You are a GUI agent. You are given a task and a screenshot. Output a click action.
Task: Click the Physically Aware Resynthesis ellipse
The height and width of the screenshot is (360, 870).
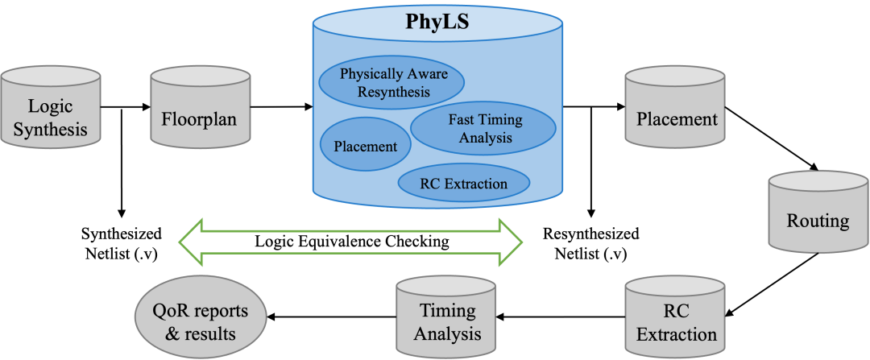pos(391,81)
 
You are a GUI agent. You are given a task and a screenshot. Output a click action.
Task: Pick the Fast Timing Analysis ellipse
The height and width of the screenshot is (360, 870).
pos(483,128)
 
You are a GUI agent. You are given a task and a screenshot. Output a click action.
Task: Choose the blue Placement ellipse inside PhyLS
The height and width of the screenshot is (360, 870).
pos(366,146)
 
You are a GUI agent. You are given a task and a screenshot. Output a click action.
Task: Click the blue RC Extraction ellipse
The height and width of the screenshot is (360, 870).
pos(463,183)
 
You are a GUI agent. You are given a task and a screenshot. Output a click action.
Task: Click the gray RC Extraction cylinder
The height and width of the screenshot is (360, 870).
pos(675,317)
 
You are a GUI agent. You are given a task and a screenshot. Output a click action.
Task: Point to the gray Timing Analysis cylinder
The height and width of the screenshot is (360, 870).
pos(446,317)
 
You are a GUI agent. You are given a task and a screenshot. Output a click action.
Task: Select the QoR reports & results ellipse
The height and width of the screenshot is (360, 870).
pos(201,318)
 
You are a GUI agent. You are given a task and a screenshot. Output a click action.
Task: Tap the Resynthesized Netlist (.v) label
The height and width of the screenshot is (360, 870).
pos(590,242)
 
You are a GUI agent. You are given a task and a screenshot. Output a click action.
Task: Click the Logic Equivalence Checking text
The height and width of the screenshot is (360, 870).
pos(351,242)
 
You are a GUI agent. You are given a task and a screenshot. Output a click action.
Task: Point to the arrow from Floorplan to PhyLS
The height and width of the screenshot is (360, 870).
pos(281,107)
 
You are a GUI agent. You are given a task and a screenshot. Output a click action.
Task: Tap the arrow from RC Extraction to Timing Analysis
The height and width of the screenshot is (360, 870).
pos(561,317)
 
